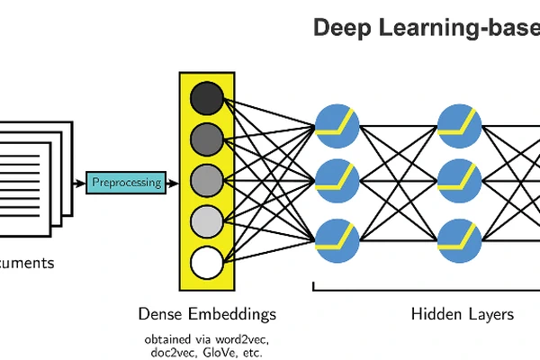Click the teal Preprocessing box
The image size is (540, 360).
coord(127,182)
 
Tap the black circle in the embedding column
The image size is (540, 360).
coord(207,97)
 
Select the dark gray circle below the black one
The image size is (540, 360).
coord(207,139)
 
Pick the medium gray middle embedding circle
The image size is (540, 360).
coord(207,180)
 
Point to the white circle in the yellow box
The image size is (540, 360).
coord(207,263)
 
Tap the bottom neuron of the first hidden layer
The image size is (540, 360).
coord(337,239)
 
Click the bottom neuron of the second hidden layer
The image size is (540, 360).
coord(459,239)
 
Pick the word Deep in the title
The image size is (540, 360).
coord(339,28)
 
